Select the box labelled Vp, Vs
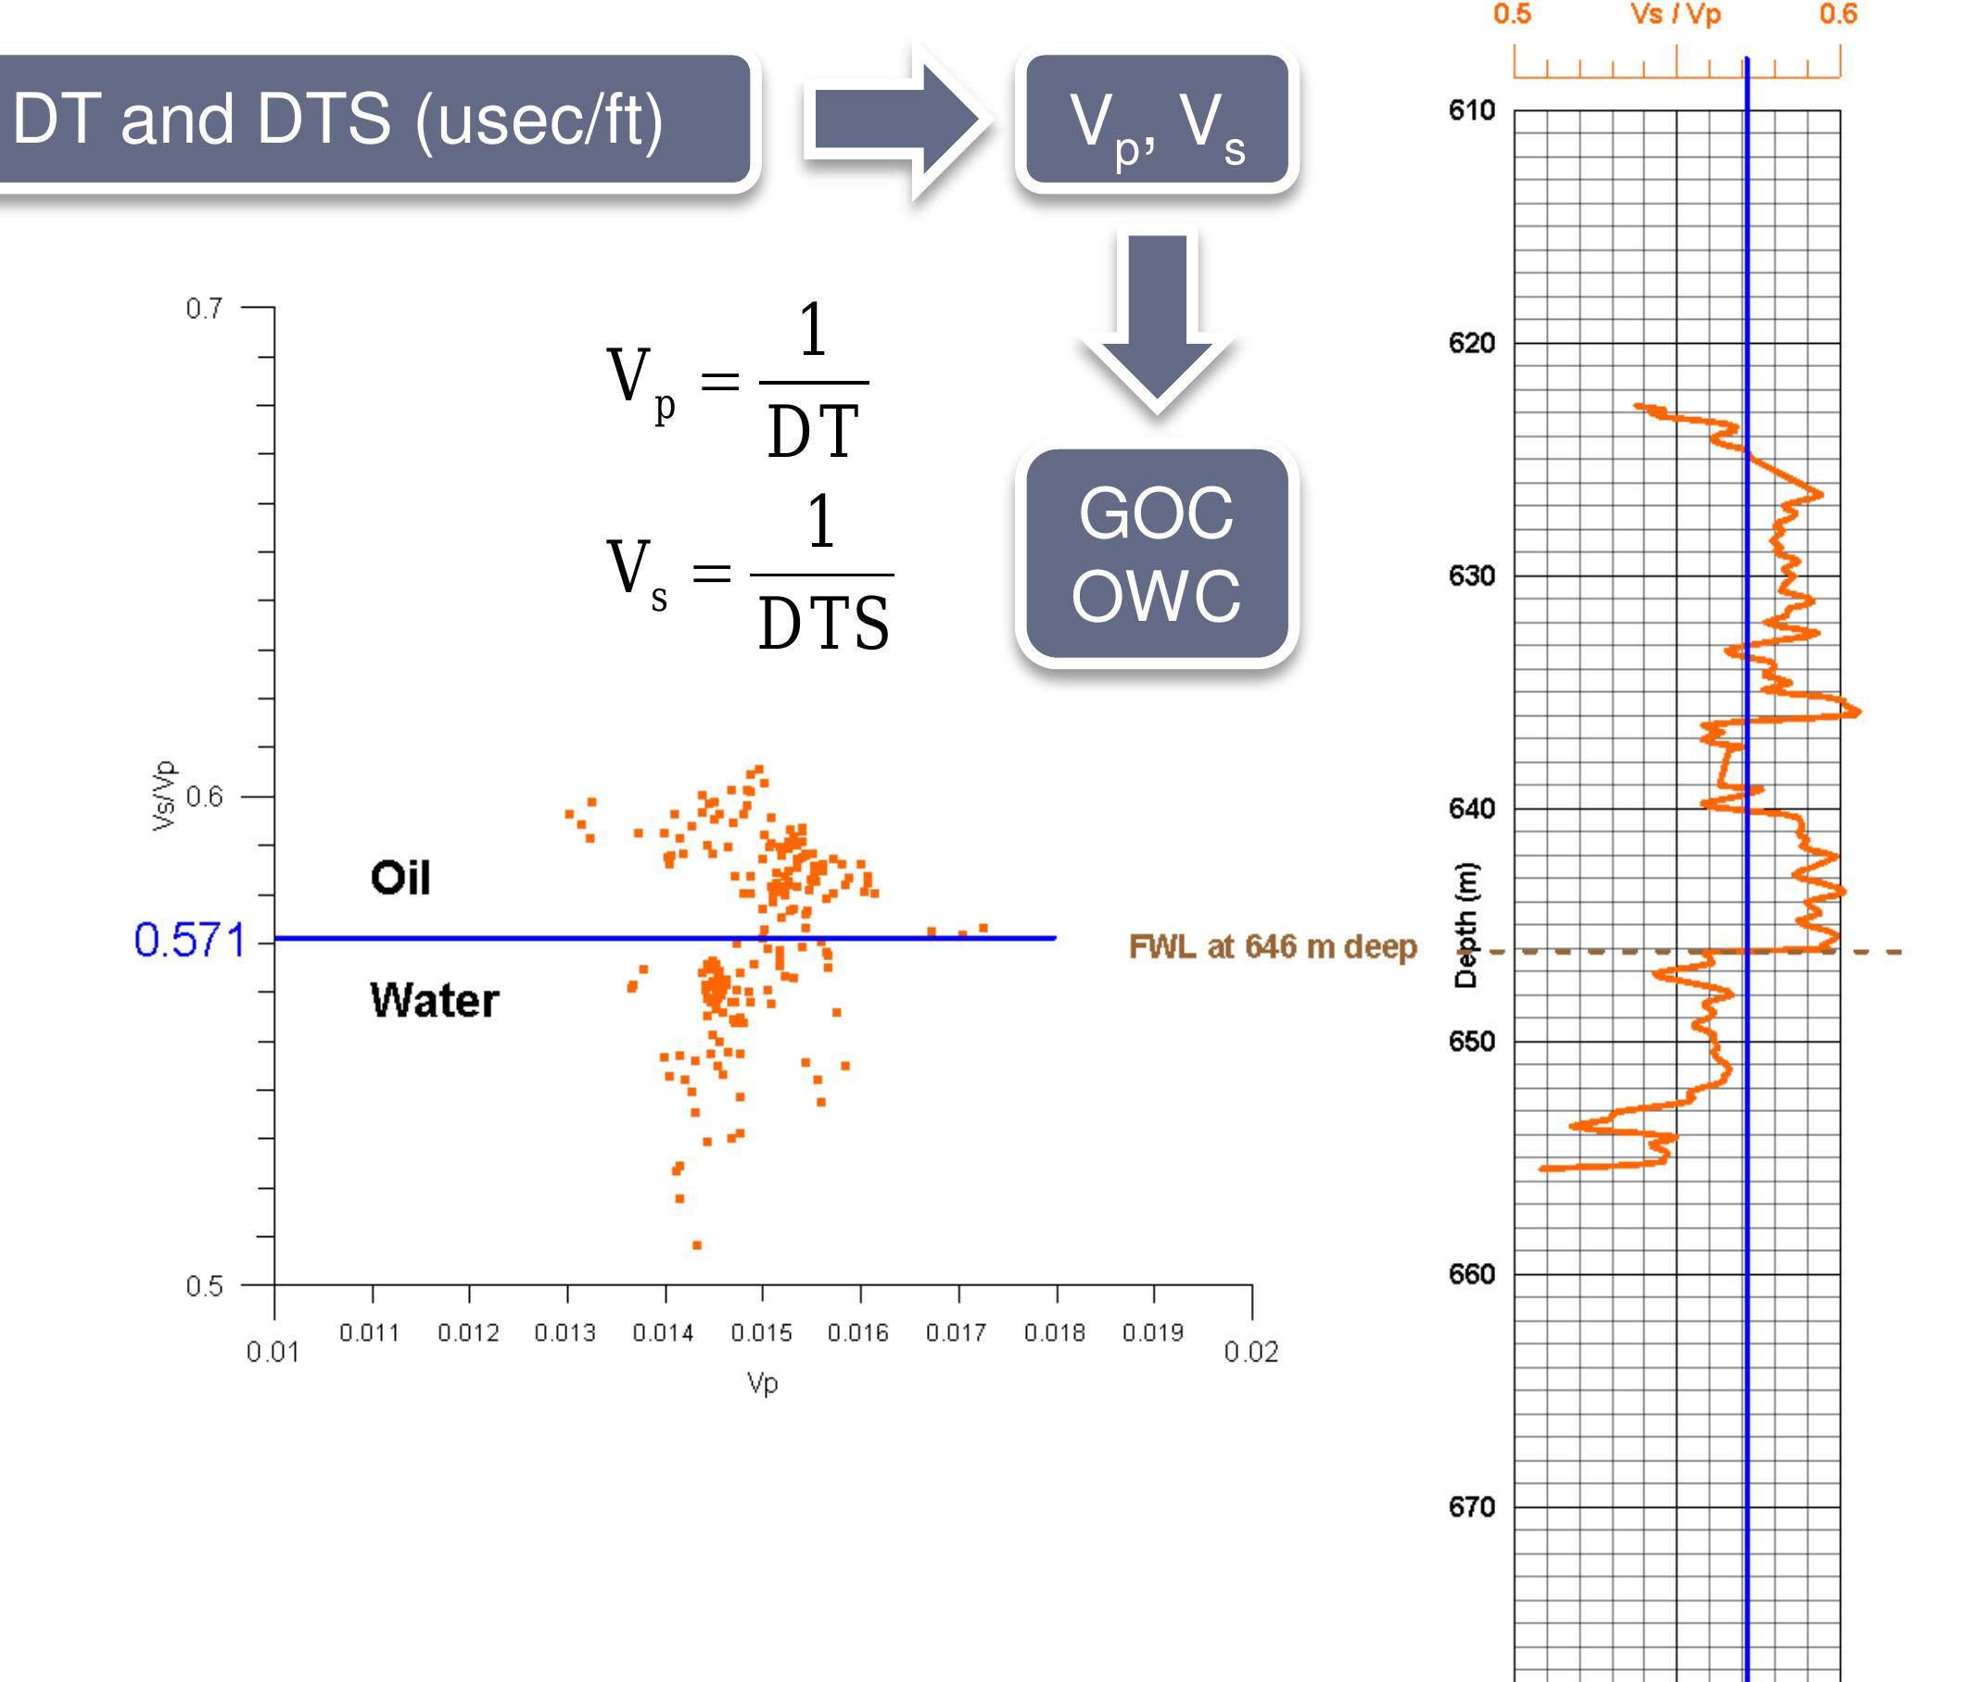pos(1157,120)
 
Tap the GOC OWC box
pos(1157,555)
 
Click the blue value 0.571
pos(189,940)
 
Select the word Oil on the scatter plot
pos(400,878)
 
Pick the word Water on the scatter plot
pos(434,1000)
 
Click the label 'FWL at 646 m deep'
pos(1273,946)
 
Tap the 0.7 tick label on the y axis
pos(204,309)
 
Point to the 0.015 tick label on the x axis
pos(761,1333)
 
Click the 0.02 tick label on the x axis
pos(1250,1352)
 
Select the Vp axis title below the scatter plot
pos(762,1384)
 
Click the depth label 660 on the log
pos(1471,1274)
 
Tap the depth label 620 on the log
pos(1471,343)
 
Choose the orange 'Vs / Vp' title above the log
pos(1675,14)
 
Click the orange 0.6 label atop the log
pos(1837,14)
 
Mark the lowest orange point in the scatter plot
pos(696,1245)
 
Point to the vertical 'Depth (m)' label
pos(1466,925)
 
